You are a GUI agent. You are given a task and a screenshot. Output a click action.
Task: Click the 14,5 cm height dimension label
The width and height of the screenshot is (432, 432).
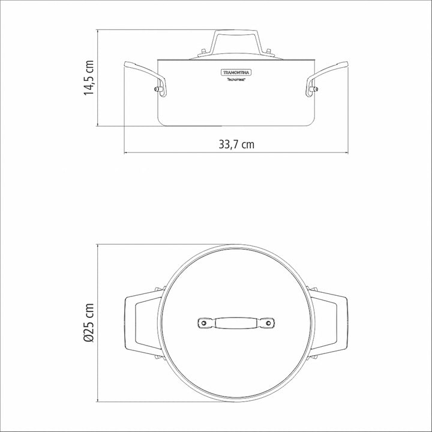point(89,77)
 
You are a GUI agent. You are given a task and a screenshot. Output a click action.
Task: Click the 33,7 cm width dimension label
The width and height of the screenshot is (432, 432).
point(236,145)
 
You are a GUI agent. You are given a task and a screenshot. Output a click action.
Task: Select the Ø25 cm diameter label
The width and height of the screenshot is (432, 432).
point(89,323)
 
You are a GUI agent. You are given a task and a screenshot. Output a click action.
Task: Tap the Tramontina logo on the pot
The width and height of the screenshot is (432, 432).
point(236,73)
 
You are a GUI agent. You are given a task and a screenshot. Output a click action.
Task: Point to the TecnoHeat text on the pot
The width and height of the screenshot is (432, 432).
point(236,79)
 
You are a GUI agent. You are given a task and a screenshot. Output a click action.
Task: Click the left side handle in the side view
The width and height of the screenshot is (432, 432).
point(145,79)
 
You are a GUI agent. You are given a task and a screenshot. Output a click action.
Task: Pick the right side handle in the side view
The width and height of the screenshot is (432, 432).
point(327,79)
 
